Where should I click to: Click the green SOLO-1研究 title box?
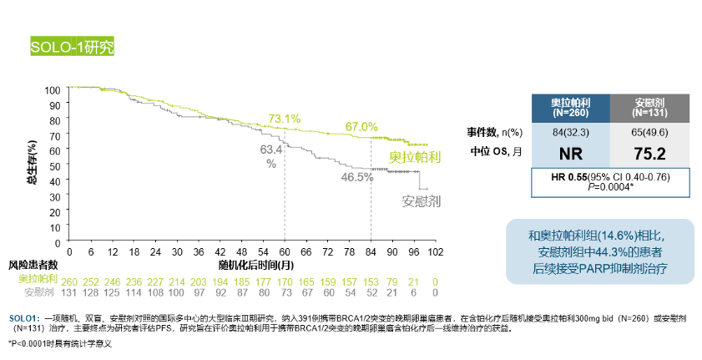pyautogui.click(x=71, y=46)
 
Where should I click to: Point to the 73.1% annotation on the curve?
pyautogui.click(x=284, y=119)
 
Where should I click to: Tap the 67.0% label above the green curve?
pyautogui.click(x=362, y=126)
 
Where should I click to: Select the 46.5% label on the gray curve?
pyautogui.click(x=356, y=177)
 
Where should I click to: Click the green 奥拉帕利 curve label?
pyautogui.click(x=415, y=156)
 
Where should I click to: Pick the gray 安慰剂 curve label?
pyautogui.click(x=421, y=201)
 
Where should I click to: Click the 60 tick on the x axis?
pyautogui.click(x=285, y=251)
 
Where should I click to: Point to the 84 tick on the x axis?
pyautogui.click(x=371, y=251)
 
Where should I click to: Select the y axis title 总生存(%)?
pyautogui.click(x=31, y=151)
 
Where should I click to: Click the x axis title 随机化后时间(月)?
pyautogui.click(x=255, y=264)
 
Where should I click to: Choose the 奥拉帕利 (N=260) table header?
pyautogui.click(x=571, y=106)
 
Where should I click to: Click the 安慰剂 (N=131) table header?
pyautogui.click(x=649, y=106)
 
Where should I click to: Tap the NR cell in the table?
pyautogui.click(x=571, y=152)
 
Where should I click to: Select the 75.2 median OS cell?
pyautogui.click(x=649, y=152)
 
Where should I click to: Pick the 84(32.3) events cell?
pyautogui.click(x=571, y=130)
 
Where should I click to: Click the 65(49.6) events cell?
pyautogui.click(x=649, y=130)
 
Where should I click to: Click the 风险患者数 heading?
pyautogui.click(x=33, y=265)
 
